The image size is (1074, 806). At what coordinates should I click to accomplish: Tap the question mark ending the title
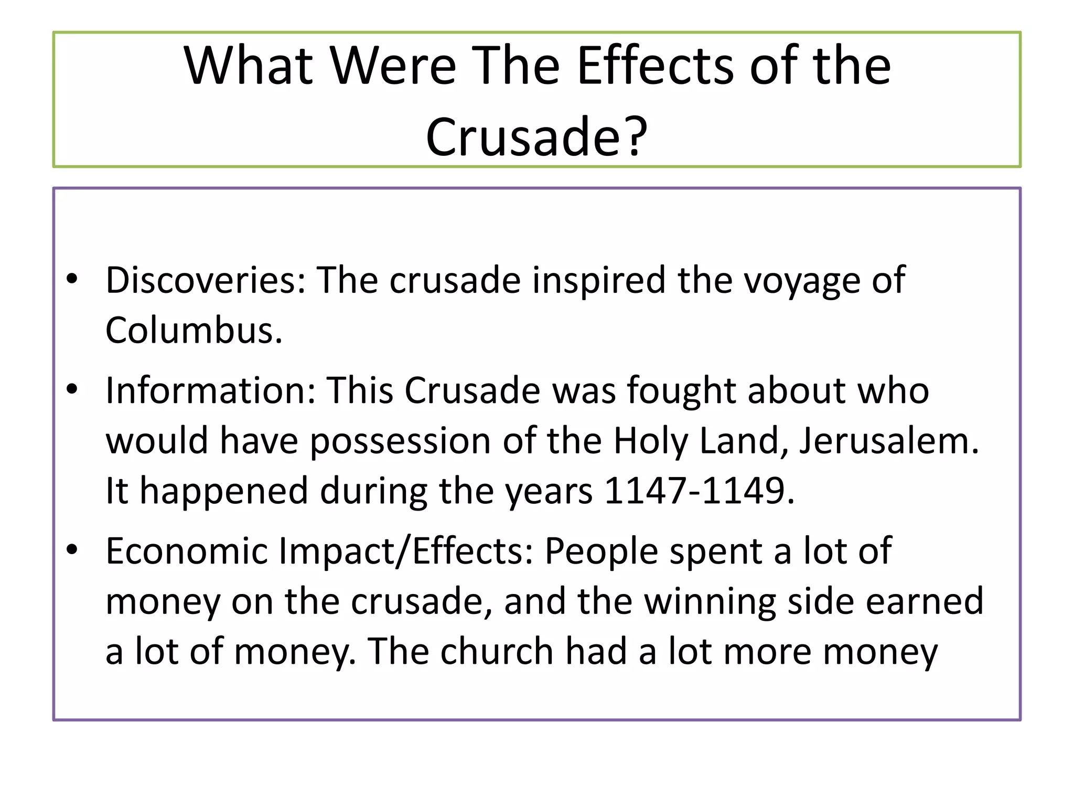pyautogui.click(x=636, y=136)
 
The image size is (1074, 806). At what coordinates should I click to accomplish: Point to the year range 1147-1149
pyautogui.click(x=699, y=491)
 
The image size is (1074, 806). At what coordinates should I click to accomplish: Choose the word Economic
pyautogui.click(x=187, y=551)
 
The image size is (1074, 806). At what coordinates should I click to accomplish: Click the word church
pyautogui.click(x=497, y=652)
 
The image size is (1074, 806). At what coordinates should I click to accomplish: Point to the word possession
pyautogui.click(x=400, y=441)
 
